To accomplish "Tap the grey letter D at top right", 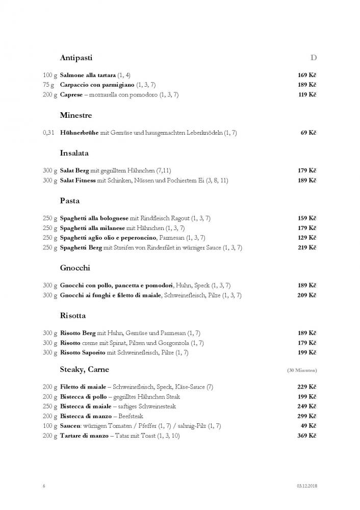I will (314, 58).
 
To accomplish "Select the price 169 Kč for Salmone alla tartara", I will (307, 75).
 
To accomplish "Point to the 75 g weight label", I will (50, 85).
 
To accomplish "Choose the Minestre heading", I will (75, 115).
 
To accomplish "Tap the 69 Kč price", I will (308, 133).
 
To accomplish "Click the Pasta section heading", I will (69, 201).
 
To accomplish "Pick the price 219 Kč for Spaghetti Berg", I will (307, 248).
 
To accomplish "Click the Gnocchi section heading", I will (75, 268).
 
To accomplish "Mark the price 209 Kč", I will (307, 295).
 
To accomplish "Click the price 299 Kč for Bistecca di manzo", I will (307, 416).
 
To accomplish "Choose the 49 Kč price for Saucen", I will (308, 426).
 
